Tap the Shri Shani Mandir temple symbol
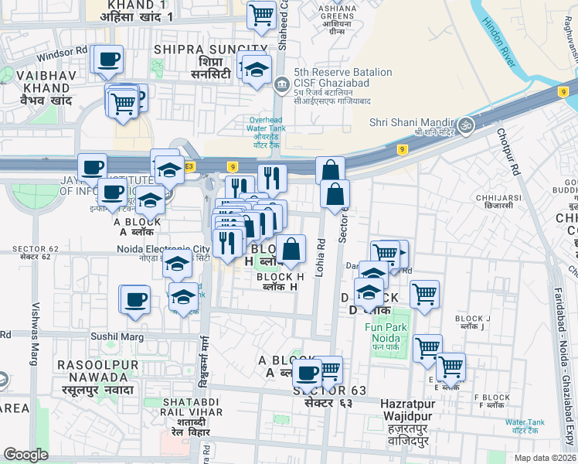coord(466,123)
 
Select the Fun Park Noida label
coord(382,332)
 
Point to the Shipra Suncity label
coord(200,49)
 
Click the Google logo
coord(25,455)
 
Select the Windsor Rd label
coord(67,52)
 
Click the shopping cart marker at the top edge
coord(261,15)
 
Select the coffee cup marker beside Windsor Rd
coord(108,59)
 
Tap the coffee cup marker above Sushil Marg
coord(135,299)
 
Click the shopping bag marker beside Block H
coord(292,250)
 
